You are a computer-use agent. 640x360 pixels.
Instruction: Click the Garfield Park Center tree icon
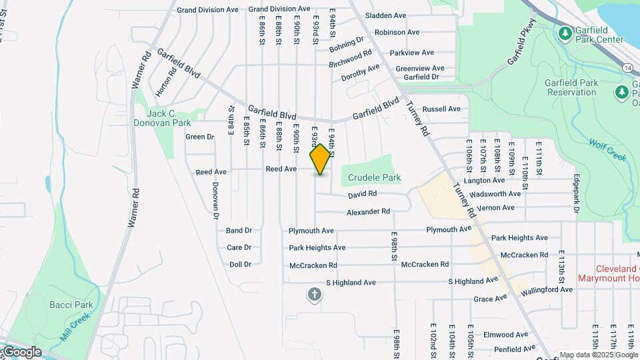565,32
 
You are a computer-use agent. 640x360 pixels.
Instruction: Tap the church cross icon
315,294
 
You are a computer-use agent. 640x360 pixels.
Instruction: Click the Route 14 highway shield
628,68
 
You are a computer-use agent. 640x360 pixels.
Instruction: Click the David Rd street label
363,194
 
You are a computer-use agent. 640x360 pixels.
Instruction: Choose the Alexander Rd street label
368,212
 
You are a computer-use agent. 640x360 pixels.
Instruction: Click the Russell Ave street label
441,109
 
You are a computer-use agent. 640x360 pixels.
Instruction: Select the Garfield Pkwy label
521,47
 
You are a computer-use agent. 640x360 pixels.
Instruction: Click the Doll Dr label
240,265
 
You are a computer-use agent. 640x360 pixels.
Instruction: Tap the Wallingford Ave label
547,290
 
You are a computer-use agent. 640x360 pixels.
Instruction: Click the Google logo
21,352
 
